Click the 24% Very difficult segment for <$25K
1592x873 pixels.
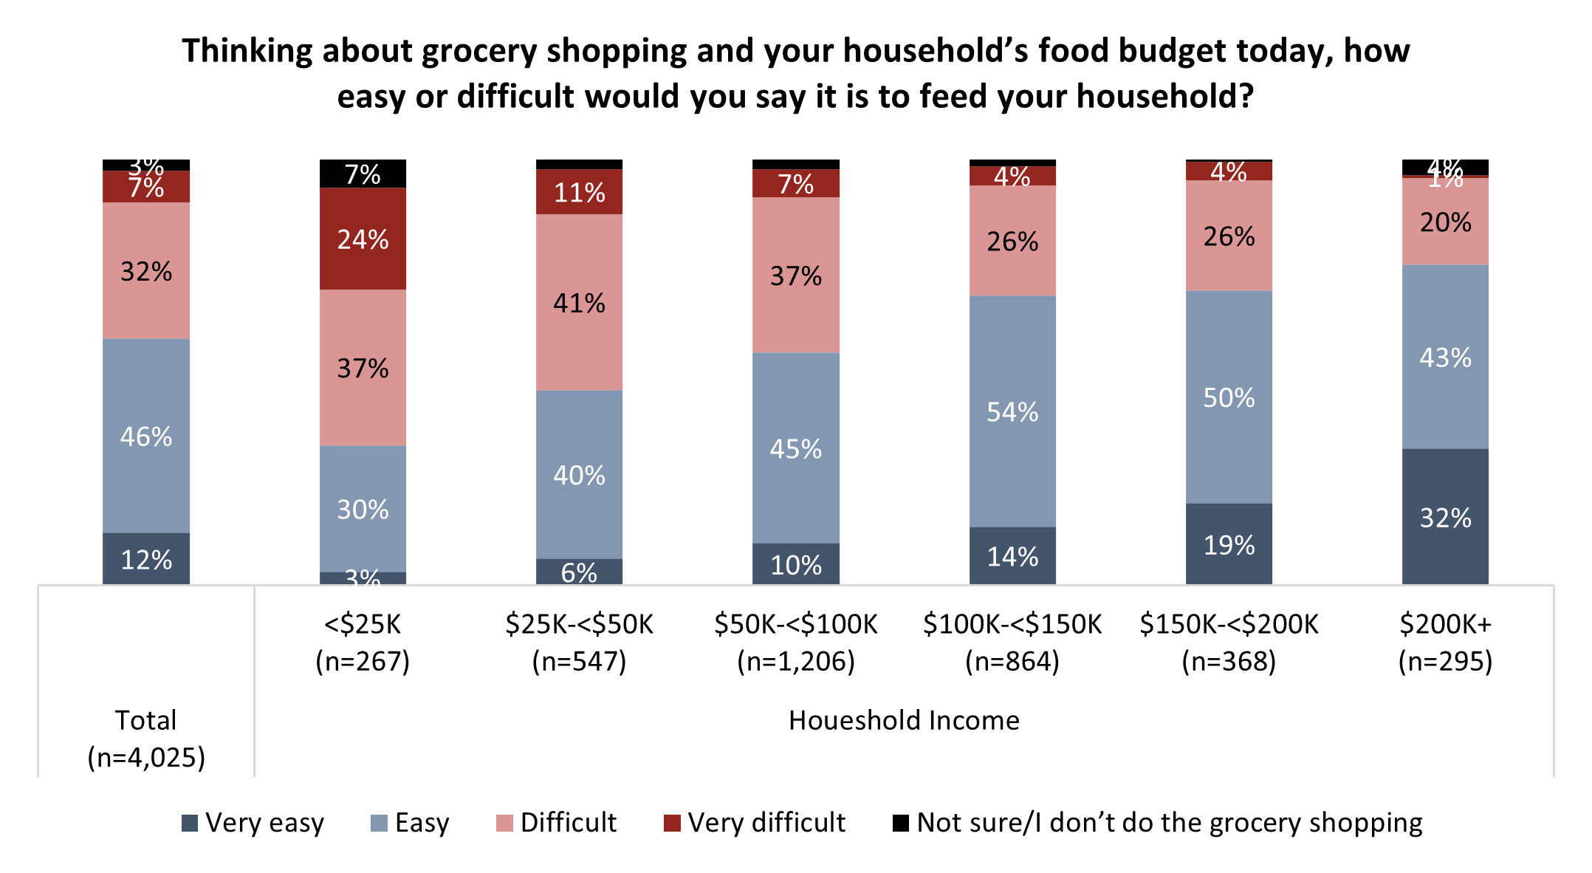click(x=363, y=239)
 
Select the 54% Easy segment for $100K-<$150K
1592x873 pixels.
click(x=1012, y=411)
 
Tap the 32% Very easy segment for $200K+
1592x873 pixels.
click(x=1445, y=517)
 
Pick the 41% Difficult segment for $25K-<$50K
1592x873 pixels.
click(x=579, y=302)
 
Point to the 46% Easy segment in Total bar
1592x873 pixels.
click(x=146, y=436)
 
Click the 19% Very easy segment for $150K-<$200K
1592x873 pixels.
click(x=1229, y=544)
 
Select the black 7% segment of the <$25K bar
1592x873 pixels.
click(x=363, y=174)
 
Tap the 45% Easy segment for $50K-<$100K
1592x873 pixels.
click(x=795, y=448)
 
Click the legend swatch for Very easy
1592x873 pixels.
click(x=190, y=823)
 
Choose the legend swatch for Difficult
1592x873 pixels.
click(x=504, y=823)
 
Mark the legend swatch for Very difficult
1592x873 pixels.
click(x=672, y=823)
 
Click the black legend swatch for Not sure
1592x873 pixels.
click(x=901, y=823)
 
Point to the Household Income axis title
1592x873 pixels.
click(x=904, y=720)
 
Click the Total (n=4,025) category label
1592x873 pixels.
click(x=146, y=739)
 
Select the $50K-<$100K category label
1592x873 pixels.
click(x=795, y=643)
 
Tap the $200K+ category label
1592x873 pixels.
click(x=1445, y=643)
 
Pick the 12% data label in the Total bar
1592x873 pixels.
click(x=146, y=560)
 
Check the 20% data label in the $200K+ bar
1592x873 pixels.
click(x=1445, y=222)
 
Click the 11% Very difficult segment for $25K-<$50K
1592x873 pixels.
click(x=579, y=193)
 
